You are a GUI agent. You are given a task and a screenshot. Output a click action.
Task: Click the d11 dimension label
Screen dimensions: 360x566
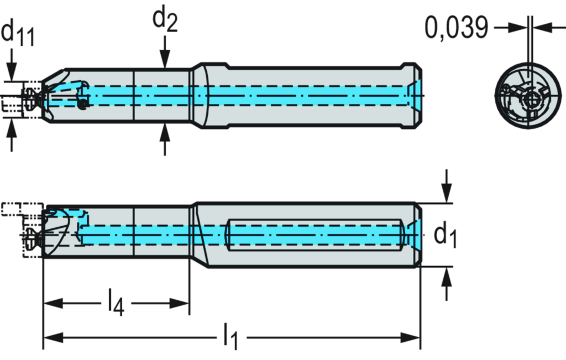pyautogui.click(x=18, y=33)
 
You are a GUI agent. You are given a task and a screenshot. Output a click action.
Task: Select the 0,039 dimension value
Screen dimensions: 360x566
pyautogui.click(x=457, y=28)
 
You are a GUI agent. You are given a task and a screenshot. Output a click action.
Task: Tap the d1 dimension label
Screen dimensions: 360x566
pyautogui.click(x=445, y=234)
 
